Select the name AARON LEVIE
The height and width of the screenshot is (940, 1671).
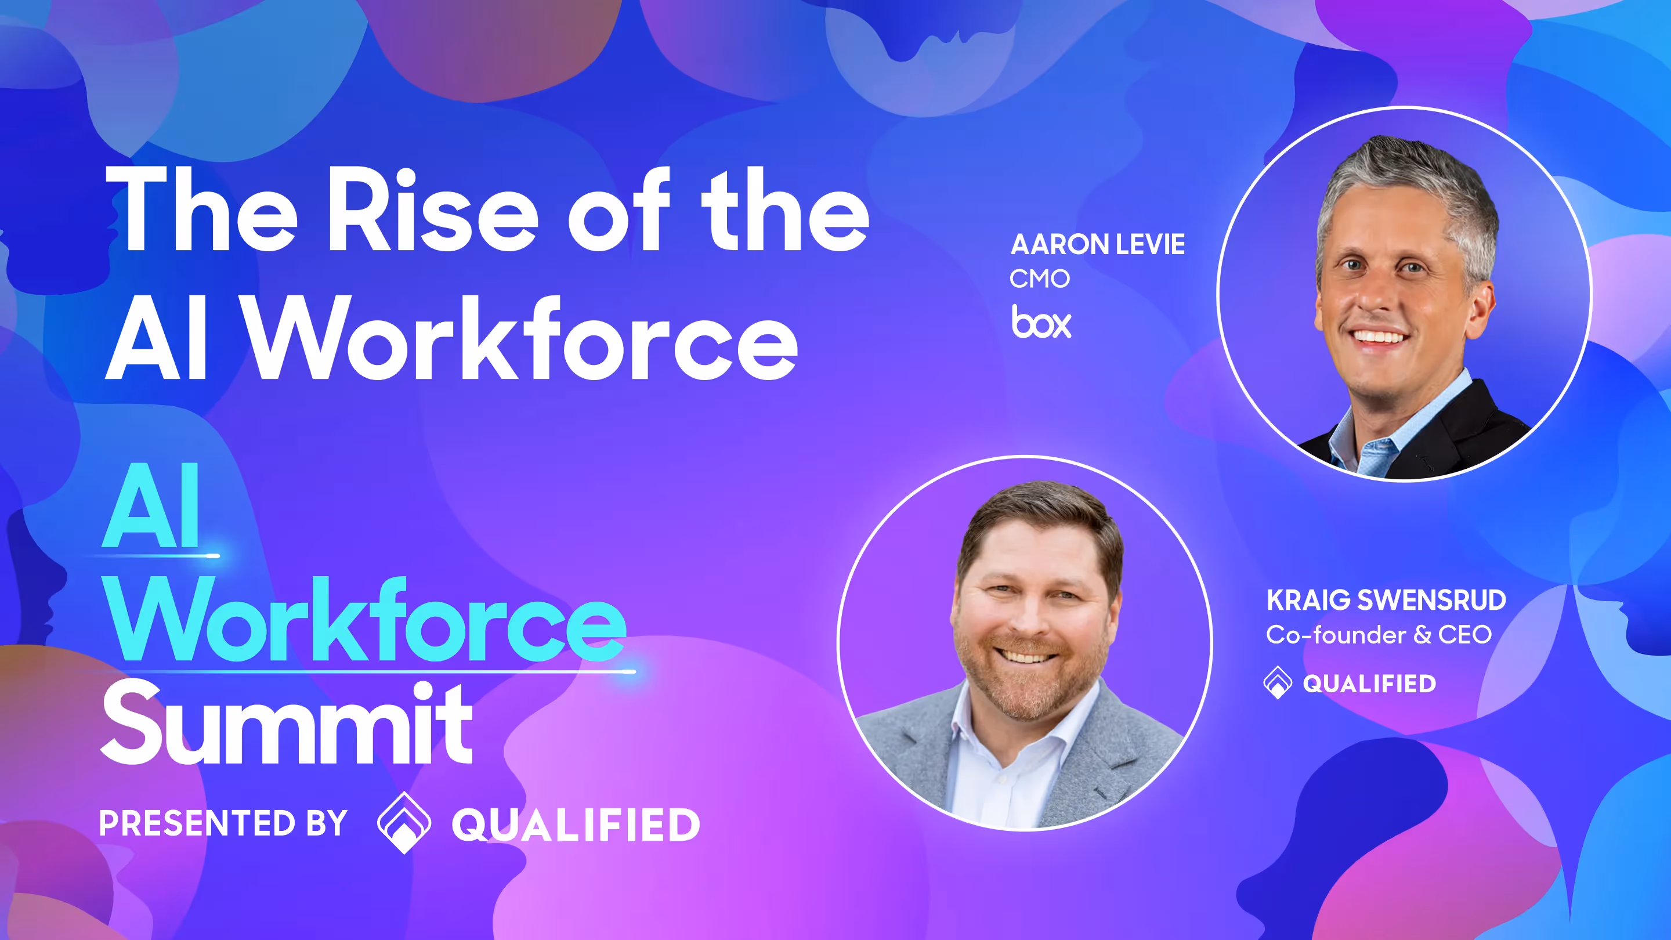click(x=1098, y=244)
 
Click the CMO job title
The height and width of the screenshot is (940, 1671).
click(x=1039, y=279)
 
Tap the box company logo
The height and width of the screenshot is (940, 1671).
click(x=1041, y=322)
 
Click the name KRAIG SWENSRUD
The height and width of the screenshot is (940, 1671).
click(x=1386, y=600)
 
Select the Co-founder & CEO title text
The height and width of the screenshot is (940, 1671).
click(x=1379, y=634)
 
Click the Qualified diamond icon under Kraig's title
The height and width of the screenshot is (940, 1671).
click(x=1277, y=682)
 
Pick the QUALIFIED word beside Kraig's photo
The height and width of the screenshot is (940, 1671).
click(x=1369, y=684)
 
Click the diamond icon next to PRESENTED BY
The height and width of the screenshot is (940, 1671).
click(x=403, y=823)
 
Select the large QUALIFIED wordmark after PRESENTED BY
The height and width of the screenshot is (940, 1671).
click(x=576, y=825)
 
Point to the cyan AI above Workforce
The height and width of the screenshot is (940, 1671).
click(x=151, y=507)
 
